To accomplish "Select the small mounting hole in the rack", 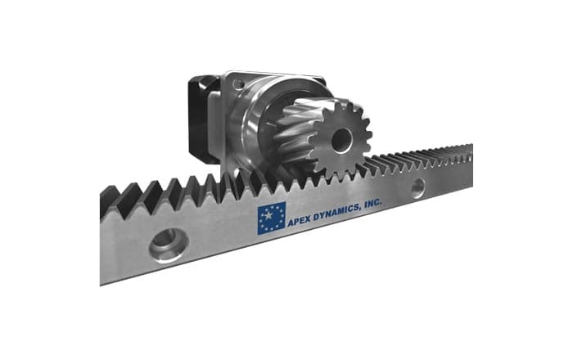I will point(417,189).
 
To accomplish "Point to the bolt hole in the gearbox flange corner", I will point(237,83).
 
